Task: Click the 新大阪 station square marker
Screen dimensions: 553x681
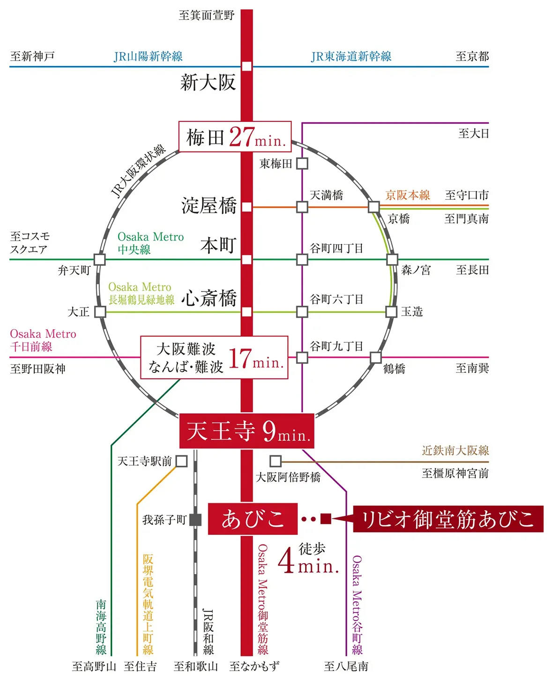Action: pos(247,66)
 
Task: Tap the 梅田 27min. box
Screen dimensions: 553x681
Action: pos(235,136)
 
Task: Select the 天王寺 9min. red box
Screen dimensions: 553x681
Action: pos(247,431)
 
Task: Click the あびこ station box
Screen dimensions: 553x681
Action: pos(253,519)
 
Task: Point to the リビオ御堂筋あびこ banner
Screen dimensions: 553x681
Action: pos(448,519)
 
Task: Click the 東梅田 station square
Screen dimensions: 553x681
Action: pos(302,163)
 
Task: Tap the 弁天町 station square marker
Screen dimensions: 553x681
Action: pos(100,259)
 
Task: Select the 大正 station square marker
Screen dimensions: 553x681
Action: pos(100,312)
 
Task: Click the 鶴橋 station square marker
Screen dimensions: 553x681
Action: pos(375,357)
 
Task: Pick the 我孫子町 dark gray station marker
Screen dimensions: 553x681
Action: pos(195,520)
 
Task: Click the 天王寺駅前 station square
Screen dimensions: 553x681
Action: pos(181,461)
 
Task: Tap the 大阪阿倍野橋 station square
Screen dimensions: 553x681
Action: pos(276,461)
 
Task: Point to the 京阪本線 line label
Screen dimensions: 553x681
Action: pos(407,195)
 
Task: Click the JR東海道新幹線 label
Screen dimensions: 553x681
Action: pos(351,56)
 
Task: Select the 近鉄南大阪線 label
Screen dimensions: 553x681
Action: pos(455,451)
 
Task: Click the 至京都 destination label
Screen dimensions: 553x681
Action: pos(472,56)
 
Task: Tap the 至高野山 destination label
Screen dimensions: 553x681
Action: pos(94,666)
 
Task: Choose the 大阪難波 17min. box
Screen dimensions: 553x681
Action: pos(214,357)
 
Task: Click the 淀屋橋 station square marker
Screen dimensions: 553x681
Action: pos(247,207)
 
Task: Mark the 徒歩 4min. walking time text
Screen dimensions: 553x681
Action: pos(308,558)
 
